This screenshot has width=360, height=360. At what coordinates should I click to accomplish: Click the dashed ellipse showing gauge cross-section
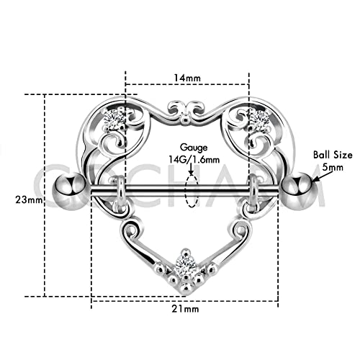pyautogui.click(x=190, y=188)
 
